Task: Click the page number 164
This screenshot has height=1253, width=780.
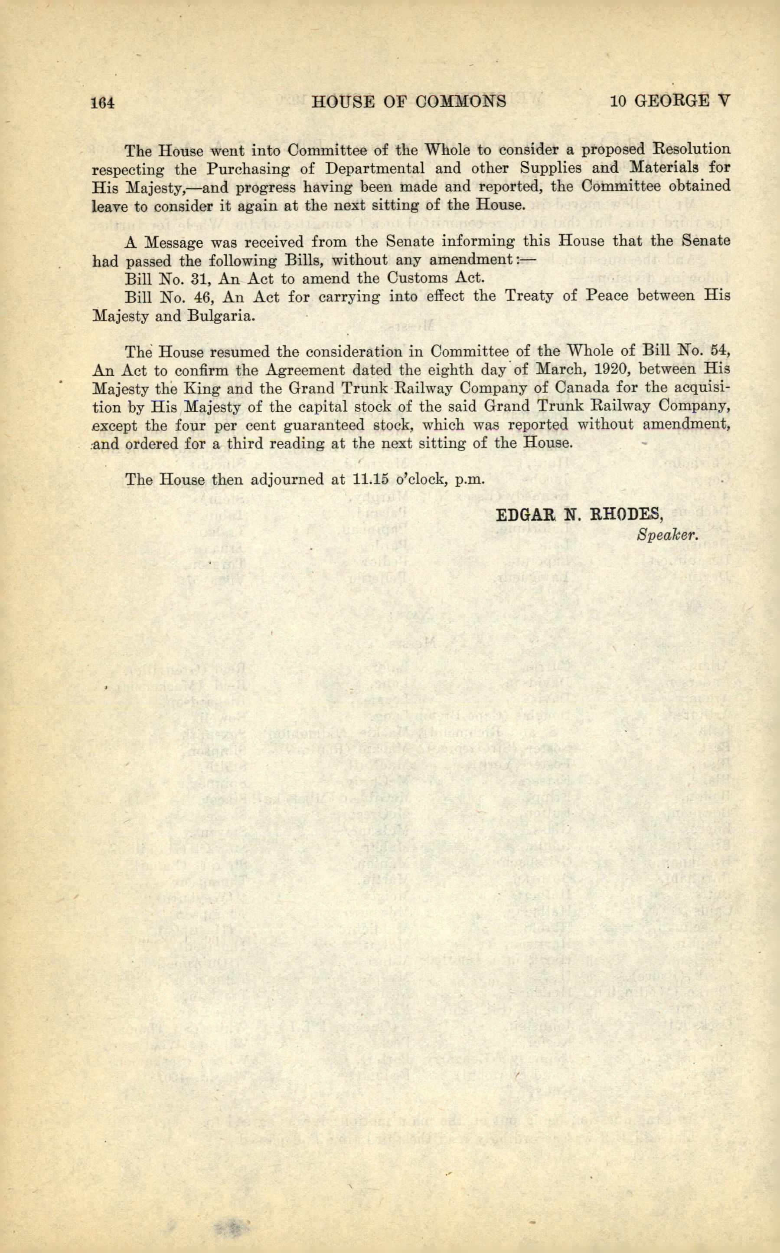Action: click(x=102, y=102)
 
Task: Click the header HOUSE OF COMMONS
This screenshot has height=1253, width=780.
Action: click(x=409, y=101)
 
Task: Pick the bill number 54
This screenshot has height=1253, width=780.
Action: click(x=720, y=351)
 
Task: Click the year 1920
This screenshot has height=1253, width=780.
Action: click(x=601, y=370)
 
